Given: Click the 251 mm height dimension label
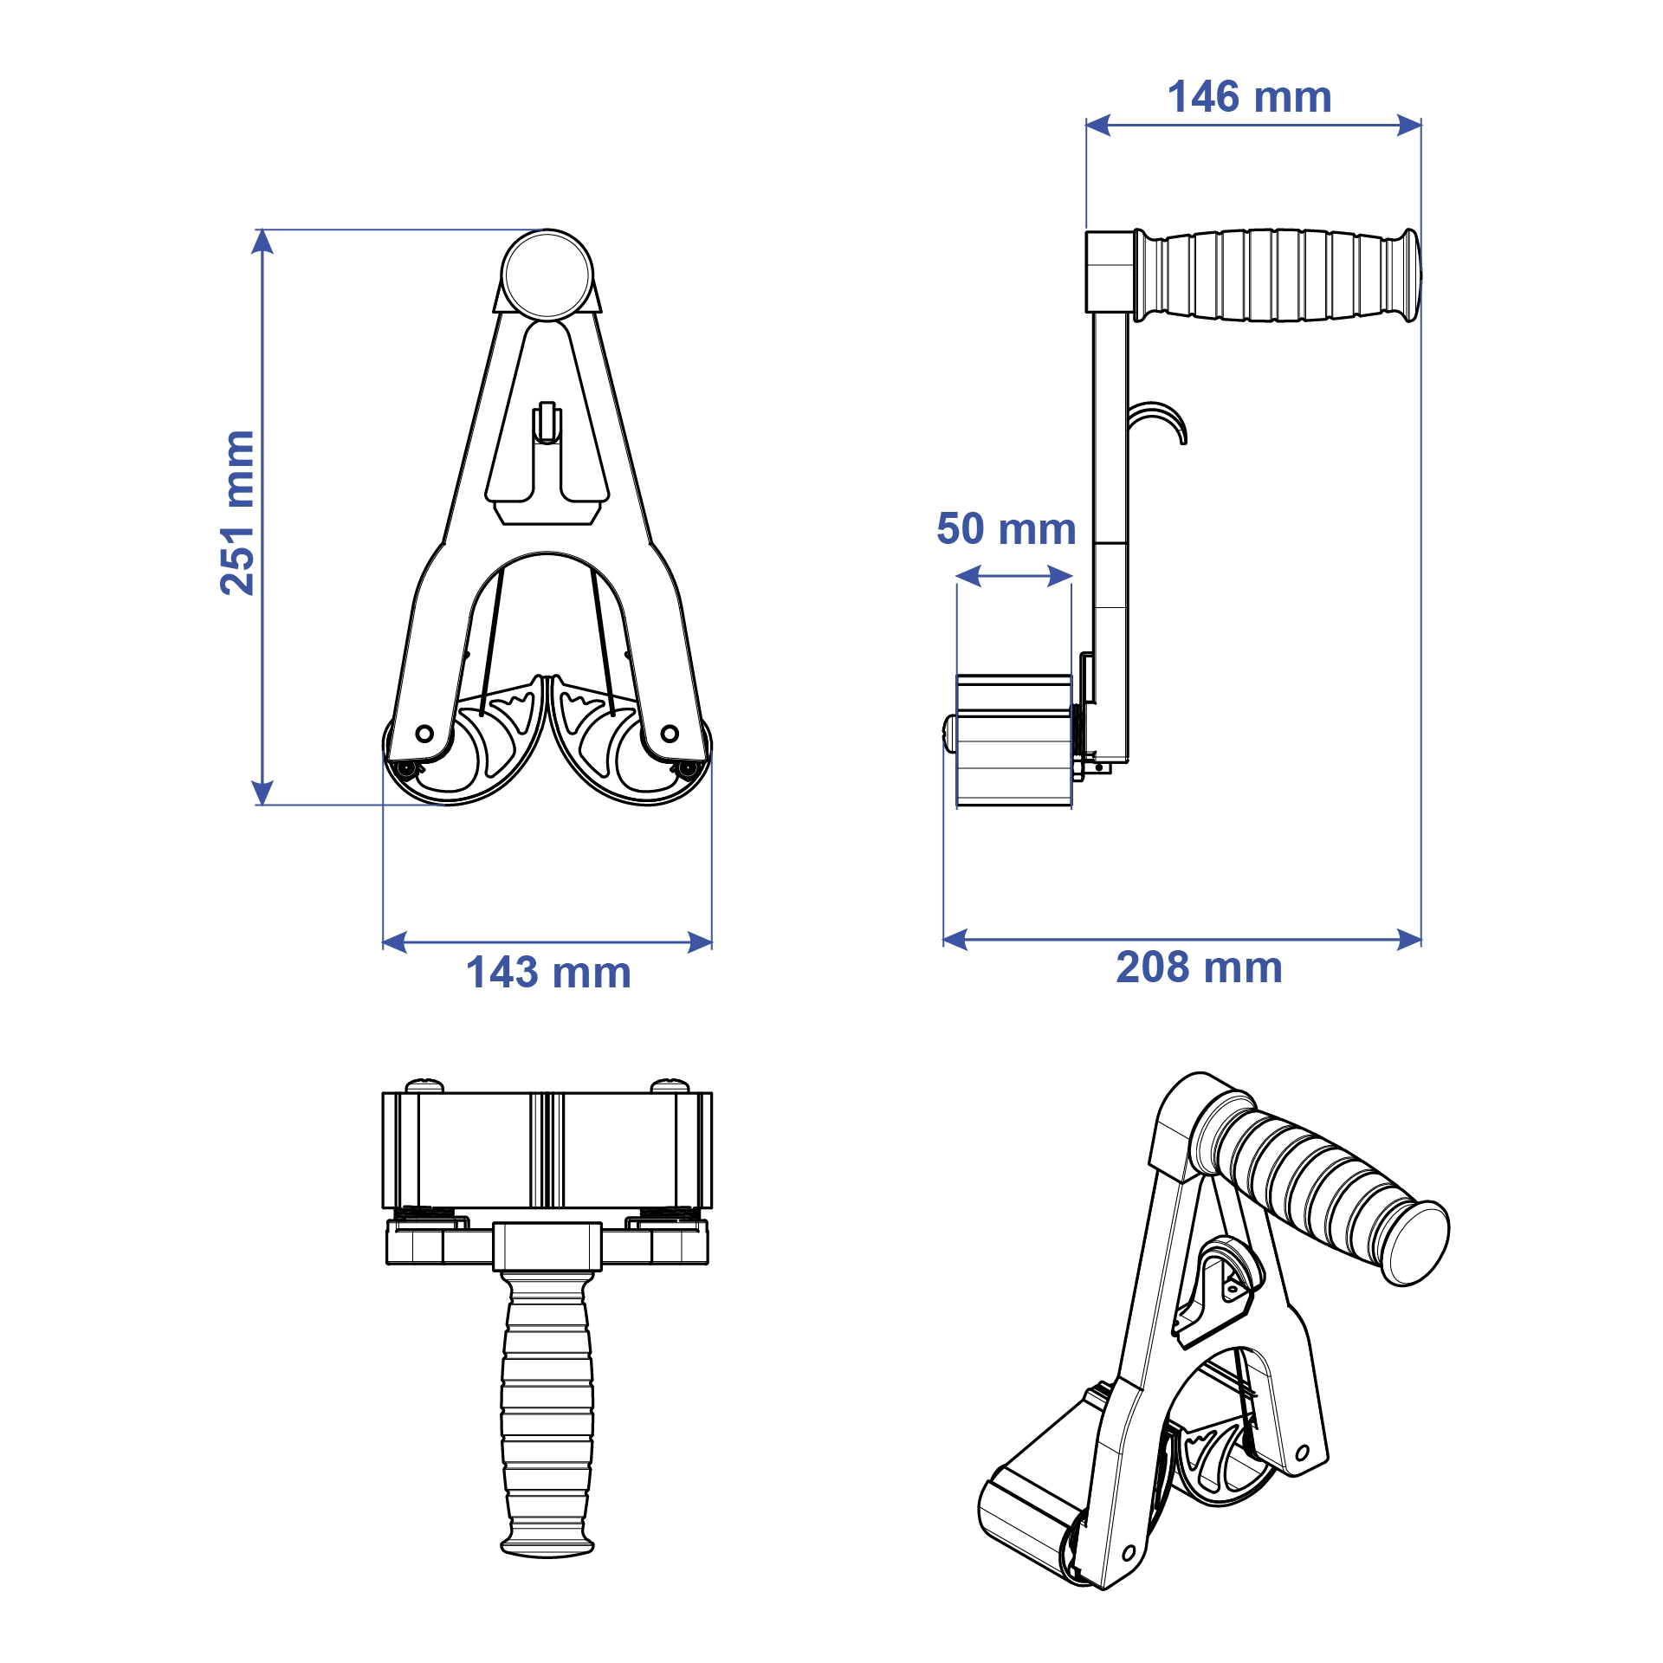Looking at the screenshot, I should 237,513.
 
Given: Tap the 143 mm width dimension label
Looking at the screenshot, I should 548,973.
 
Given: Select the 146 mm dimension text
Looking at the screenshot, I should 1249,97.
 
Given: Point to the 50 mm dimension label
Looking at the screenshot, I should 1006,528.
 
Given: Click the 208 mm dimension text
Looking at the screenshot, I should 1199,967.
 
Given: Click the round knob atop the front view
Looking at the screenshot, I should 547,275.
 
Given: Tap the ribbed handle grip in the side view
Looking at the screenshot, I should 1273,275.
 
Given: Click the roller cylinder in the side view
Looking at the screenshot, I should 1013,741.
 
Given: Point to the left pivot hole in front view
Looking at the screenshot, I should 424,734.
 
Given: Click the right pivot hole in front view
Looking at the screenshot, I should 670,734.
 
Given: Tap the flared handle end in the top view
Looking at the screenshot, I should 547,1546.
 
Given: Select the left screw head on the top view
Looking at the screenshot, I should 424,1084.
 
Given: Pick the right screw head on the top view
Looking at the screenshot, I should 670,1084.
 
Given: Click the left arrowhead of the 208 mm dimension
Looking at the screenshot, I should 954,940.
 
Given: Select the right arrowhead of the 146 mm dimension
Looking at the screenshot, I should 1409,126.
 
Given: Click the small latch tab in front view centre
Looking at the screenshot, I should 547,423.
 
